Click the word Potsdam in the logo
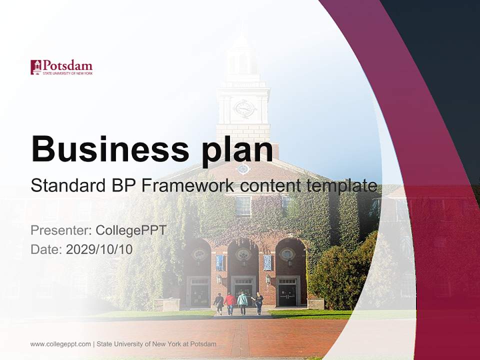(x=67, y=65)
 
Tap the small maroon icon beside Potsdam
(x=35, y=67)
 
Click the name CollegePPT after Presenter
(x=131, y=230)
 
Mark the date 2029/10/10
(x=99, y=249)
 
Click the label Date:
(x=46, y=249)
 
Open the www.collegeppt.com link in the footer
(x=60, y=344)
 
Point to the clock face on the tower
(x=243, y=108)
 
